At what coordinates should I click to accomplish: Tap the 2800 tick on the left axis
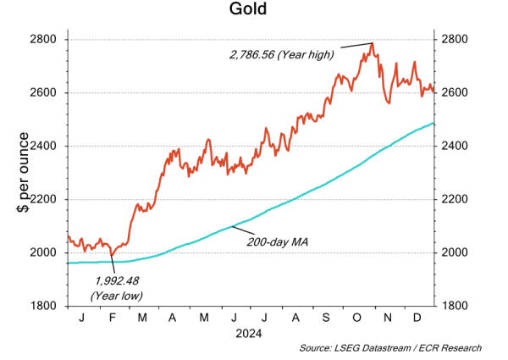click(x=43, y=40)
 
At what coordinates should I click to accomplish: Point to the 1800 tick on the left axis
click(x=43, y=306)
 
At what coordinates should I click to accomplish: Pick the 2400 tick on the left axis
click(x=43, y=146)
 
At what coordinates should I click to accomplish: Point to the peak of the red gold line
click(x=373, y=43)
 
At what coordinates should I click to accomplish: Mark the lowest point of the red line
click(x=111, y=254)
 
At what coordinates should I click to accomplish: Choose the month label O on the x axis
click(x=357, y=317)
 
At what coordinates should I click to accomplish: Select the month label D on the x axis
click(x=417, y=317)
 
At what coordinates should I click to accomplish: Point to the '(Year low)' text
click(x=116, y=296)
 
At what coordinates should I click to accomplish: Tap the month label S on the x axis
click(x=326, y=317)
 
